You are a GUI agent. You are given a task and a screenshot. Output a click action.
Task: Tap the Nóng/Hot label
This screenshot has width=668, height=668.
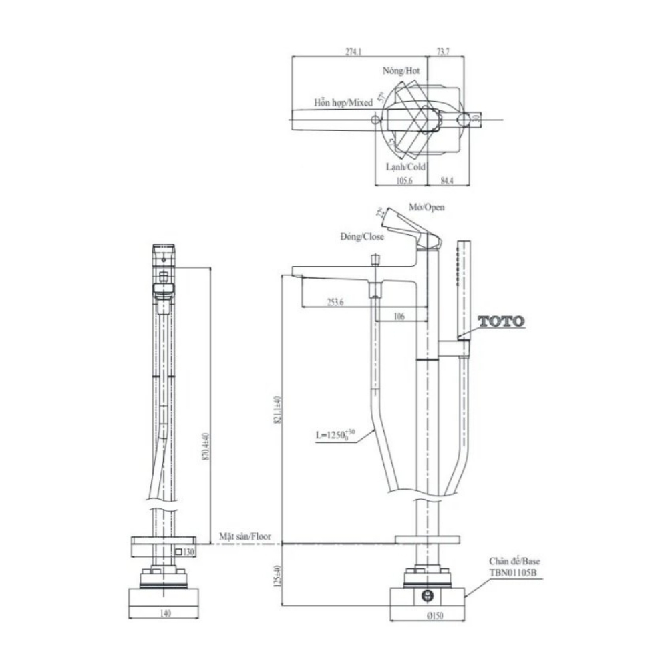[x=401, y=70]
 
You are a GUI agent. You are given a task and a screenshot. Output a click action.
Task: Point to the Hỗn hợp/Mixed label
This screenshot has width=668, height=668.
[x=343, y=103]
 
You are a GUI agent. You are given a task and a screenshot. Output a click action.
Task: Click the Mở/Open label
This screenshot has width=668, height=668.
[x=428, y=207]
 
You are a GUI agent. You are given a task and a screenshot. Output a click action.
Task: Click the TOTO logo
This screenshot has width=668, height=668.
[x=501, y=321]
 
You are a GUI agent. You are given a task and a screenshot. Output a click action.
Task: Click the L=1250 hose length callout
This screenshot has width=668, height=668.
[x=334, y=436]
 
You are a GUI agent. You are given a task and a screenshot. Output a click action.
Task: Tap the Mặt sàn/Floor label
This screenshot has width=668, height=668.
[x=246, y=536]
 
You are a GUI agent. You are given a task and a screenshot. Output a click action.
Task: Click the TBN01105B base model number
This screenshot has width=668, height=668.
[x=516, y=573]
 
